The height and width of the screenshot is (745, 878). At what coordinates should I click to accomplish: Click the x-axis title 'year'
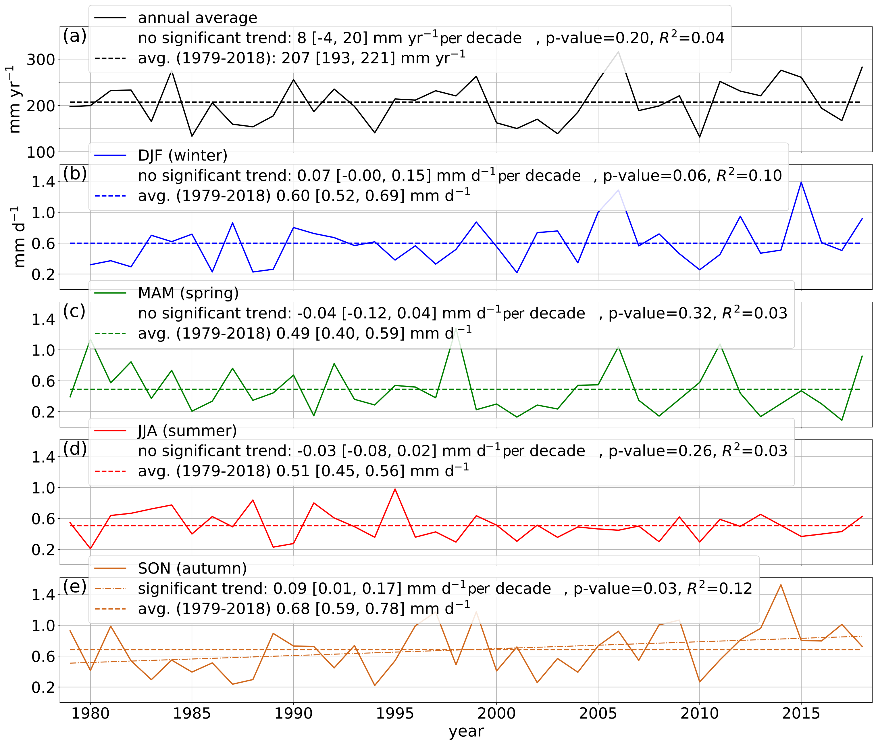pyautogui.click(x=466, y=731)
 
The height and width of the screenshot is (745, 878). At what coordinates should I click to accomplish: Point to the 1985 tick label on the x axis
pyautogui.click(x=192, y=713)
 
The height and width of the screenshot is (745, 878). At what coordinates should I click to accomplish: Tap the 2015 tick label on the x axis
pyautogui.click(x=801, y=713)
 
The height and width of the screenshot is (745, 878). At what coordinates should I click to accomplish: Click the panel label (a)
pyautogui.click(x=75, y=36)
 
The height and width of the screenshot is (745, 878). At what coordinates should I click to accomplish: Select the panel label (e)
pyautogui.click(x=75, y=586)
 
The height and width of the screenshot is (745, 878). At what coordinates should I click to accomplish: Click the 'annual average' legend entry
pyautogui.click(x=197, y=18)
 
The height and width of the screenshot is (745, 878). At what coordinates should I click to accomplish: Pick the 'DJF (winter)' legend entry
pyautogui.click(x=182, y=155)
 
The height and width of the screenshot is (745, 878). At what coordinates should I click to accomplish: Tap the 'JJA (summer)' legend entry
pyautogui.click(x=187, y=431)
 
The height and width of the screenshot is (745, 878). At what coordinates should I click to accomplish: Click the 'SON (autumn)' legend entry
pyautogui.click(x=192, y=568)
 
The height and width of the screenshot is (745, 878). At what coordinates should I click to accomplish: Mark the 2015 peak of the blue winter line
pyautogui.click(x=801, y=182)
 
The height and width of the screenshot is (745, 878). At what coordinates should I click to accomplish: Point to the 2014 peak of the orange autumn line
pyautogui.click(x=781, y=585)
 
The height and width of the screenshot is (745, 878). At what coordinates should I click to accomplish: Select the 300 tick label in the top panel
pyautogui.click(x=41, y=60)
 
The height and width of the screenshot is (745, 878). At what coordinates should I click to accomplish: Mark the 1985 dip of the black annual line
pyautogui.click(x=192, y=136)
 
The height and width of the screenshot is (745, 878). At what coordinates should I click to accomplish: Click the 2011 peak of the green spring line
pyautogui.click(x=720, y=344)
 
